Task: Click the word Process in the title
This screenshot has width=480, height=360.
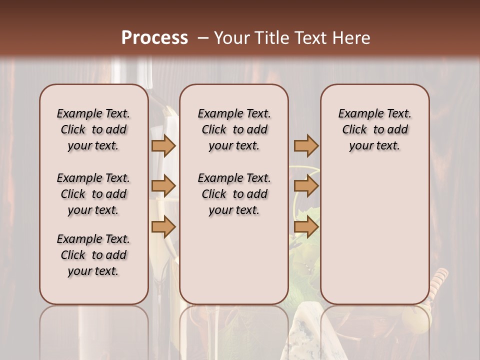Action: point(154,38)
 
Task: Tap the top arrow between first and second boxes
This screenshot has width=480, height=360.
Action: point(163,145)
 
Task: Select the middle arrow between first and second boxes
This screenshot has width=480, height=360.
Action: point(163,186)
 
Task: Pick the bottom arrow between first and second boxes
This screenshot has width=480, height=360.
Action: point(163,227)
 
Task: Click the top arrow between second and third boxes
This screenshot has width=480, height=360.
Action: point(306,145)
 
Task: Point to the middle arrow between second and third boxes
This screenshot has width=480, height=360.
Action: point(306,186)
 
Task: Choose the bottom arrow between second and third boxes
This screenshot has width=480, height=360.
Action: point(306,227)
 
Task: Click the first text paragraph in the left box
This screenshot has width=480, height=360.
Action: point(93,129)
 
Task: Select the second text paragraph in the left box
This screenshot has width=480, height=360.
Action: point(93,194)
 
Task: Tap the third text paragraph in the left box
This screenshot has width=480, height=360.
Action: point(93,255)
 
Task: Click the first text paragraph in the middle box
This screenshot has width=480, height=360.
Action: point(234,129)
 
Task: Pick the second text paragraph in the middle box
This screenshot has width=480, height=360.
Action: point(234,194)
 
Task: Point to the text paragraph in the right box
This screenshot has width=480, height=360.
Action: point(374,129)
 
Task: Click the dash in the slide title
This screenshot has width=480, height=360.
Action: point(201,38)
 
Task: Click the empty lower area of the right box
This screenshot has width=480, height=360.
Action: point(374,235)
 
